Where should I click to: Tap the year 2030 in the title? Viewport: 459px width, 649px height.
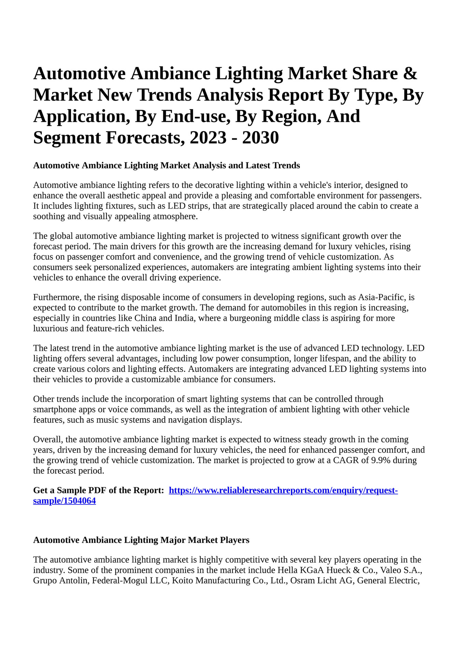260,138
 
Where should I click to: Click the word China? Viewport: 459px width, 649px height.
146,318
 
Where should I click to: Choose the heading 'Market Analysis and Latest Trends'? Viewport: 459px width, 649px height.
230,166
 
